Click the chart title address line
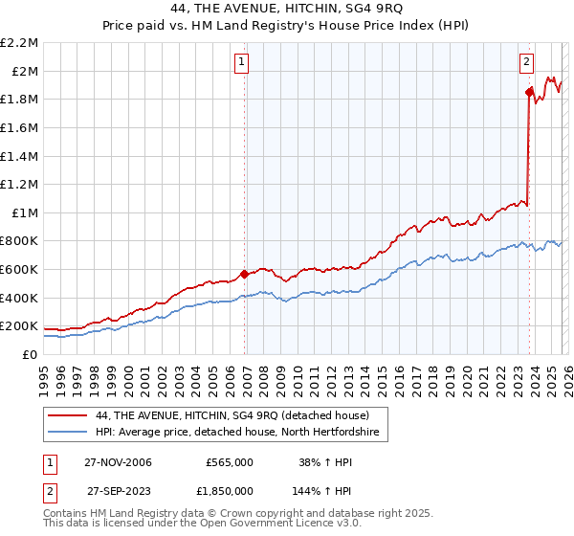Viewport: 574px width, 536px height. [287, 9]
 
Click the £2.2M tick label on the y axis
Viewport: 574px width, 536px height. [19, 43]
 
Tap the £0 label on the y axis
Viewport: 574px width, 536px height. [31, 354]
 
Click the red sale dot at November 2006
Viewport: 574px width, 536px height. [245, 274]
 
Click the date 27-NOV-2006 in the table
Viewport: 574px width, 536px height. [118, 461]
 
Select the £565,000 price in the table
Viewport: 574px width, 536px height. [230, 461]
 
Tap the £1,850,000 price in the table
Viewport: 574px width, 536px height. [224, 490]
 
